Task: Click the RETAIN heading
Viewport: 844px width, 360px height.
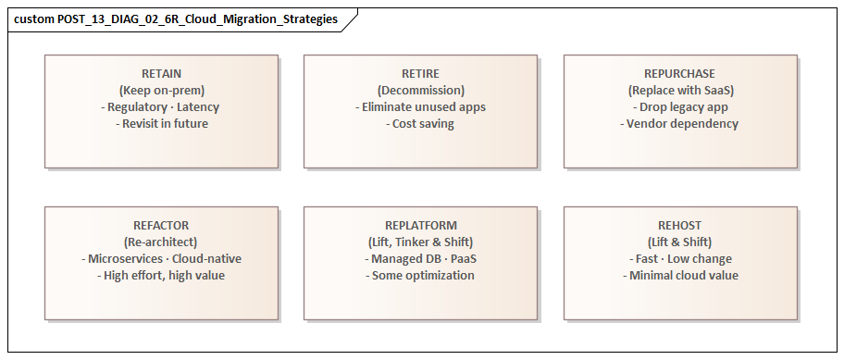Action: click(161, 73)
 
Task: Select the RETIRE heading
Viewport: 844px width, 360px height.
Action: click(420, 73)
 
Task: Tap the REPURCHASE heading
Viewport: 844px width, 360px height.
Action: click(679, 73)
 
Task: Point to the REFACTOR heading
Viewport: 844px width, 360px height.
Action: click(161, 225)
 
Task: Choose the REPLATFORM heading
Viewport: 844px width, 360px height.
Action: click(420, 225)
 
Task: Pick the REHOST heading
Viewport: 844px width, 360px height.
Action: click(679, 225)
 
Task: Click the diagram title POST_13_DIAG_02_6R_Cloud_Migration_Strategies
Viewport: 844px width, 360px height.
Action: click(176, 19)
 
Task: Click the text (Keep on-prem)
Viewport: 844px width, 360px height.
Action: click(161, 90)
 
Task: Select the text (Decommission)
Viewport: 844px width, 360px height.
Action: click(420, 90)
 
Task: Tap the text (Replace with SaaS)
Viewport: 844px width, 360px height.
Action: click(679, 90)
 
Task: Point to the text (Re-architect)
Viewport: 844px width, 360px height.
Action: click(161, 242)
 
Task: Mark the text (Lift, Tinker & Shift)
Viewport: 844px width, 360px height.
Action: click(420, 242)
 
